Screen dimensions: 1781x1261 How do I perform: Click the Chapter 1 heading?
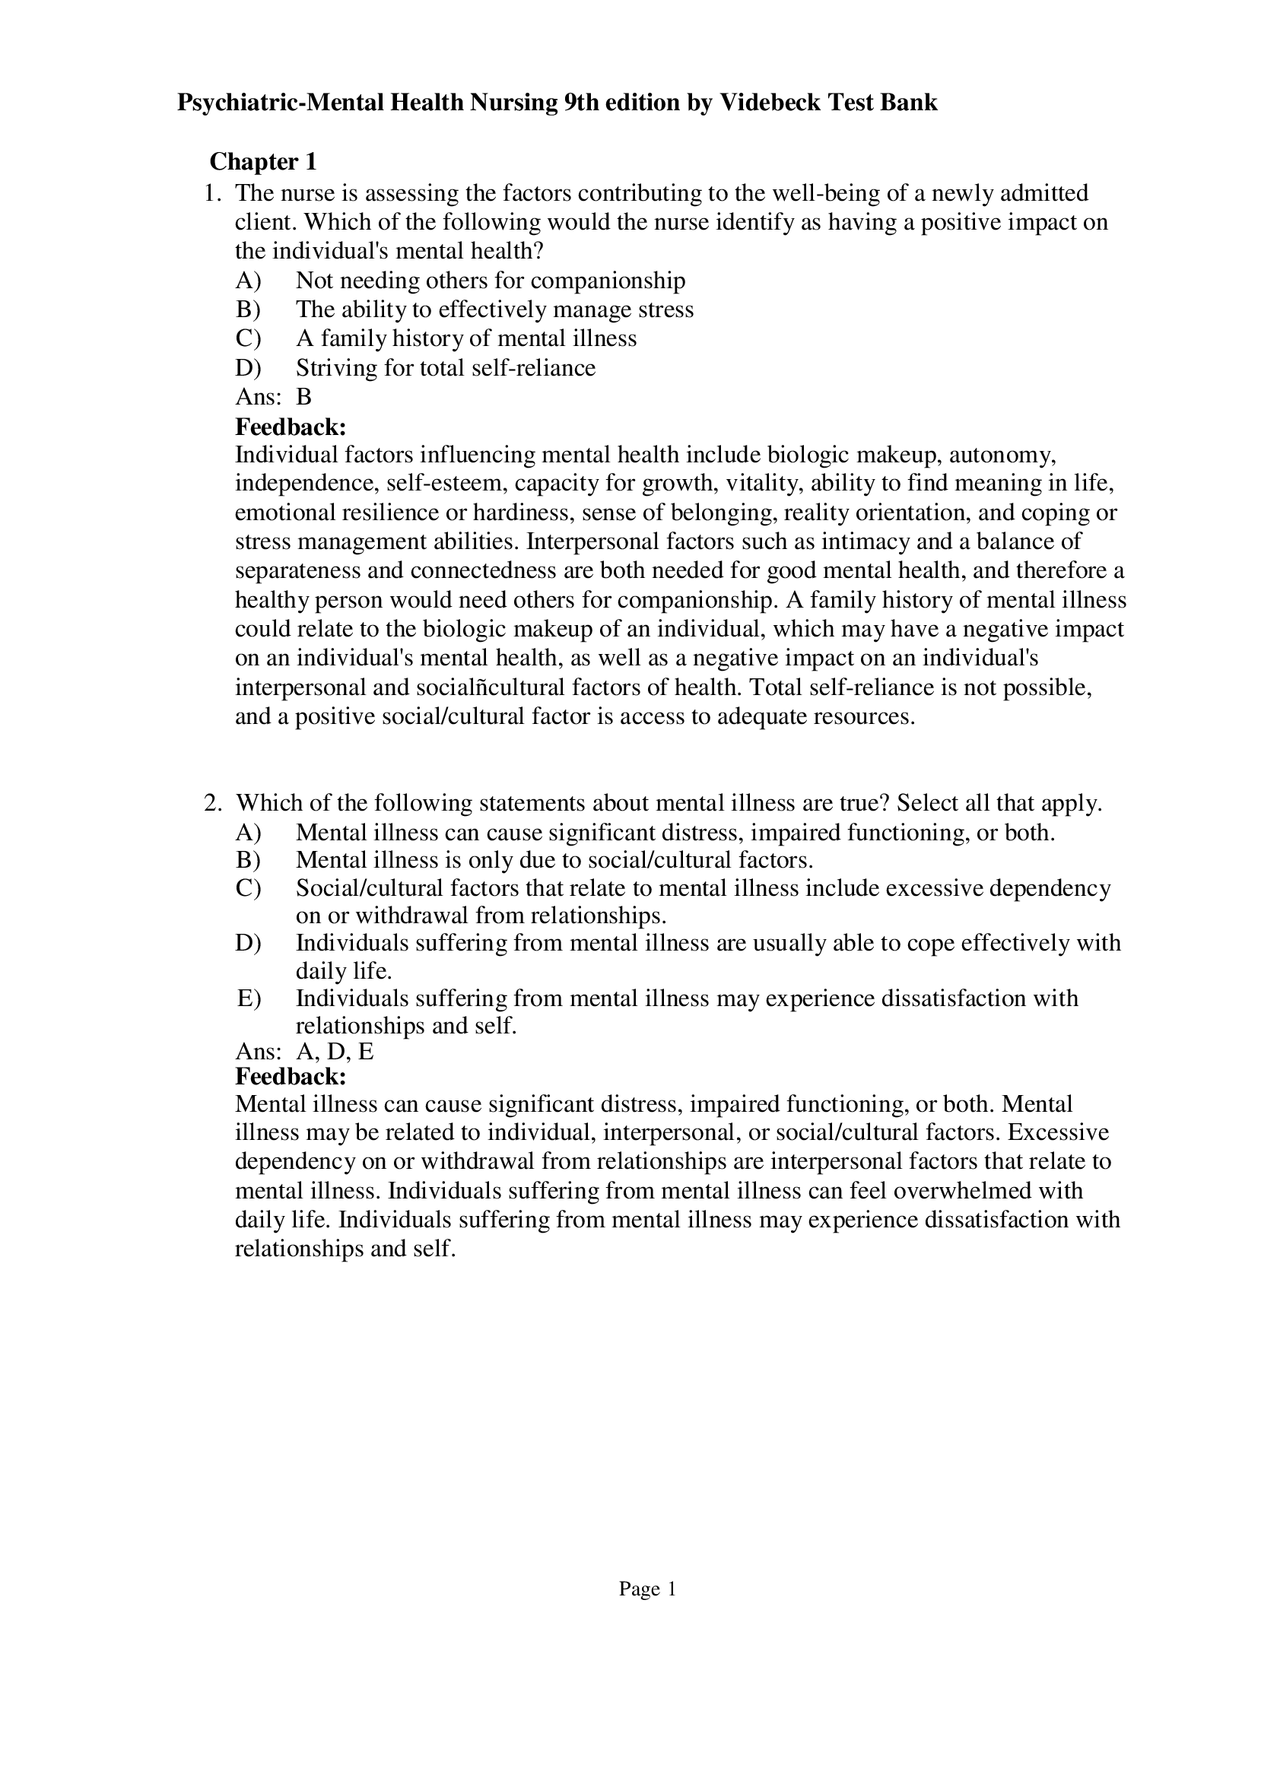click(x=263, y=161)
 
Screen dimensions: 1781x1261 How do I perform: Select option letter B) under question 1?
click(x=248, y=309)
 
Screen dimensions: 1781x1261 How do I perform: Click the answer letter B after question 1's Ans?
click(x=303, y=397)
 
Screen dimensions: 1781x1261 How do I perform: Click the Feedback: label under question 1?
click(x=291, y=426)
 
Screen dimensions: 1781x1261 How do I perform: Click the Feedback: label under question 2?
click(x=291, y=1076)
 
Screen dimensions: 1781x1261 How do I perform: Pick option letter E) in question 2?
click(x=248, y=998)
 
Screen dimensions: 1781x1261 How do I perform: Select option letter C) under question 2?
click(x=248, y=887)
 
